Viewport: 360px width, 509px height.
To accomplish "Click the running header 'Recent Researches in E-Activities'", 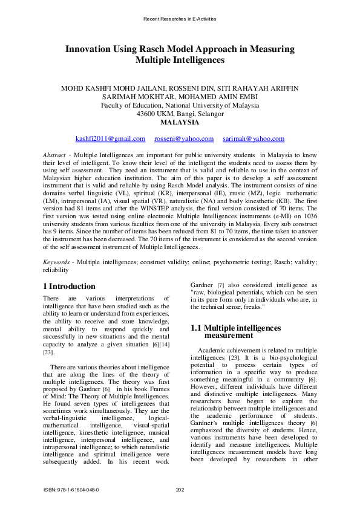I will point(180,19).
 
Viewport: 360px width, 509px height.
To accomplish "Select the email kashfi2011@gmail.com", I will point(110,139).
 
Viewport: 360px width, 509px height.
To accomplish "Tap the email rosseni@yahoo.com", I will point(184,139).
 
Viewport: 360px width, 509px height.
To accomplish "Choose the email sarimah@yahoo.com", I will point(254,139).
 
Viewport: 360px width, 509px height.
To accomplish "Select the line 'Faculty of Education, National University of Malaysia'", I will point(180,105).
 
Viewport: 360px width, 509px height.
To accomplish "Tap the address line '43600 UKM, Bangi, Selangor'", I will point(180,113).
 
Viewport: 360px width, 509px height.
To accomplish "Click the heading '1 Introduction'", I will point(70,286).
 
